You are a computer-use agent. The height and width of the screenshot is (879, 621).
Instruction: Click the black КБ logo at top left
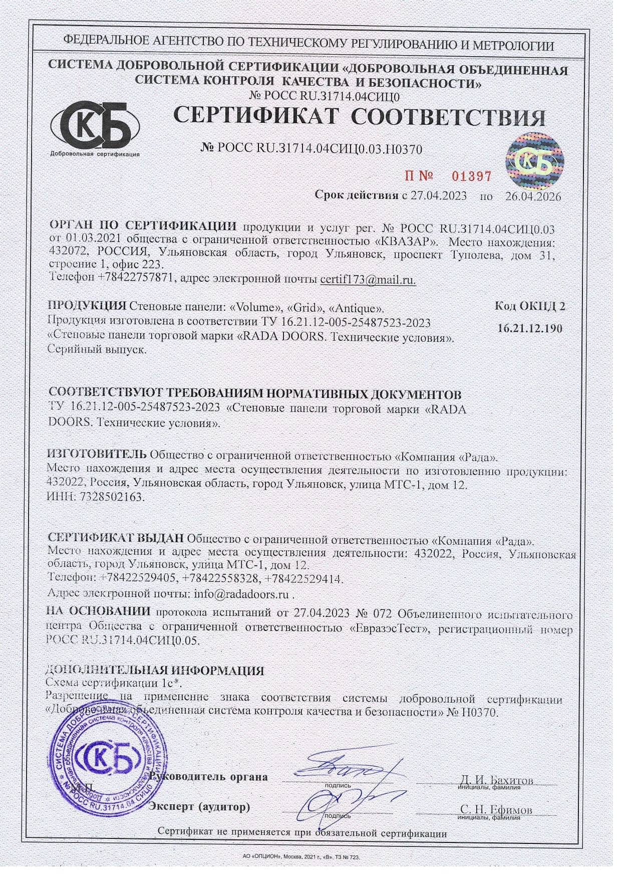click(95, 125)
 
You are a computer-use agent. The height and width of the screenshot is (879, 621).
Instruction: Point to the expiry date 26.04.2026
click(533, 195)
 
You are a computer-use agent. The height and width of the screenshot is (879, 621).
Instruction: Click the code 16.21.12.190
click(530, 328)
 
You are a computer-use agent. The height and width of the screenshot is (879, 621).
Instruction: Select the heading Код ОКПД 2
click(530, 306)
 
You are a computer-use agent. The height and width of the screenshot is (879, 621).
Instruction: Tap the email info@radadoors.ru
click(241, 594)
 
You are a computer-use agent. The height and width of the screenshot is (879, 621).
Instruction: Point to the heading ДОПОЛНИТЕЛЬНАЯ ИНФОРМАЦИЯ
click(154, 671)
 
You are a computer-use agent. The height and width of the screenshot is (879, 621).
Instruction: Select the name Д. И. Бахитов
click(496, 780)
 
